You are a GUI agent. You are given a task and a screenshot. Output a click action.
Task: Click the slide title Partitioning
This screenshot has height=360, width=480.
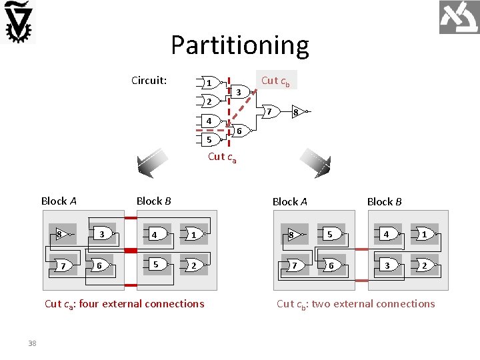coord(239,45)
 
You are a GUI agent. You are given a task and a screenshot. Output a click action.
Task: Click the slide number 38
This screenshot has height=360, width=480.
coord(32,343)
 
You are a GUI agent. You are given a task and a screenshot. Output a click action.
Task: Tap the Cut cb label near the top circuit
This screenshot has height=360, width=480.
coord(275,81)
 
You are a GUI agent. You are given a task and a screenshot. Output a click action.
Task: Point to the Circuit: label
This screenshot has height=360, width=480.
coord(149,81)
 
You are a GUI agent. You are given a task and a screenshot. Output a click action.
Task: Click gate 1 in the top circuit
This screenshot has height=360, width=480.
coord(209,83)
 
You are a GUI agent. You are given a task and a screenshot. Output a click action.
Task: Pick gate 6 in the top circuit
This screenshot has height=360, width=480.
coord(238,131)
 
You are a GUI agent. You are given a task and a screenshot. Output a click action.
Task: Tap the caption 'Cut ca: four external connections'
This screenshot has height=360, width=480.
coord(124,304)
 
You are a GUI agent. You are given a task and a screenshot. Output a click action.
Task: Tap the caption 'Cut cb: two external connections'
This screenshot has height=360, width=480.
coord(355,304)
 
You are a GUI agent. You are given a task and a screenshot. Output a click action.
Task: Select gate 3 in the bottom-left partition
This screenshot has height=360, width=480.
coord(102,234)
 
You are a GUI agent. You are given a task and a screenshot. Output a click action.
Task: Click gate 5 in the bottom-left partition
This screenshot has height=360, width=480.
coord(156,264)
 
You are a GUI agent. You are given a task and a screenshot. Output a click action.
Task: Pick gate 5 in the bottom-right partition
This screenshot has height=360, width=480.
coord(329,234)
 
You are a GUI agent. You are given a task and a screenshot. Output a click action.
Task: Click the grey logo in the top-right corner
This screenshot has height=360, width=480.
coord(459,17)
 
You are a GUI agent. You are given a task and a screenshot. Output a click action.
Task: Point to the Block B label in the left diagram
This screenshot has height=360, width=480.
coord(153,201)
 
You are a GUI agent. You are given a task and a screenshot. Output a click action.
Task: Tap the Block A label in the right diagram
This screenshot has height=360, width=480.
coord(289,201)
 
